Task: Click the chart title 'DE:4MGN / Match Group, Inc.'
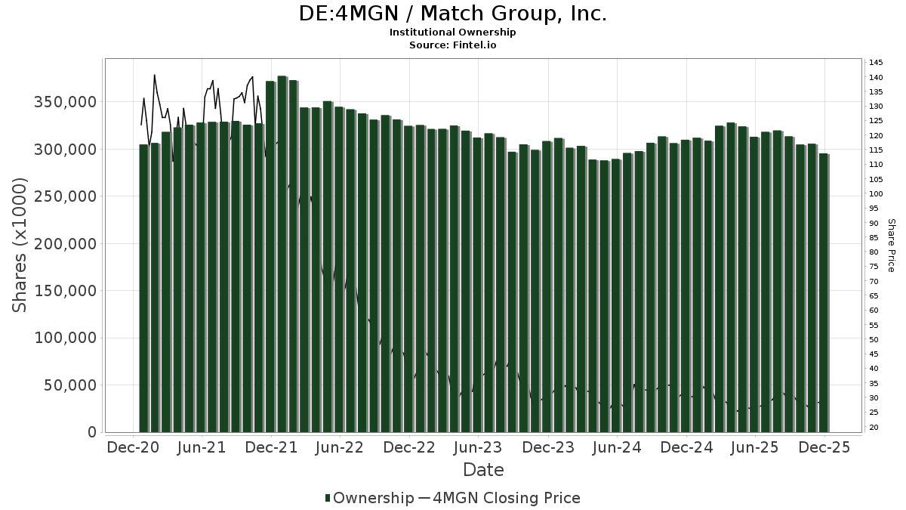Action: click(x=453, y=13)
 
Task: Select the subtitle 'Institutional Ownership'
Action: click(x=453, y=32)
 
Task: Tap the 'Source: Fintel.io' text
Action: click(x=453, y=45)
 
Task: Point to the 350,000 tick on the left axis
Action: click(x=65, y=102)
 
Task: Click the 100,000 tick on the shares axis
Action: click(x=65, y=338)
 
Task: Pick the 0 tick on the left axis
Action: click(x=92, y=432)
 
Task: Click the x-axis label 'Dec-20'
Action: click(x=132, y=447)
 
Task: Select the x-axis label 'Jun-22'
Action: click(x=340, y=447)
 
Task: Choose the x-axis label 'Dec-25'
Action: click(x=824, y=447)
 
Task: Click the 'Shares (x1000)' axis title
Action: click(x=20, y=244)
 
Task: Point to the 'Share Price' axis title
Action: click(x=892, y=245)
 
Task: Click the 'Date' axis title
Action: click(x=483, y=470)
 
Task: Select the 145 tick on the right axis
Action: click(x=876, y=63)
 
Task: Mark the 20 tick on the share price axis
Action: click(x=874, y=428)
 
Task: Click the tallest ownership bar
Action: click(x=282, y=254)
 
